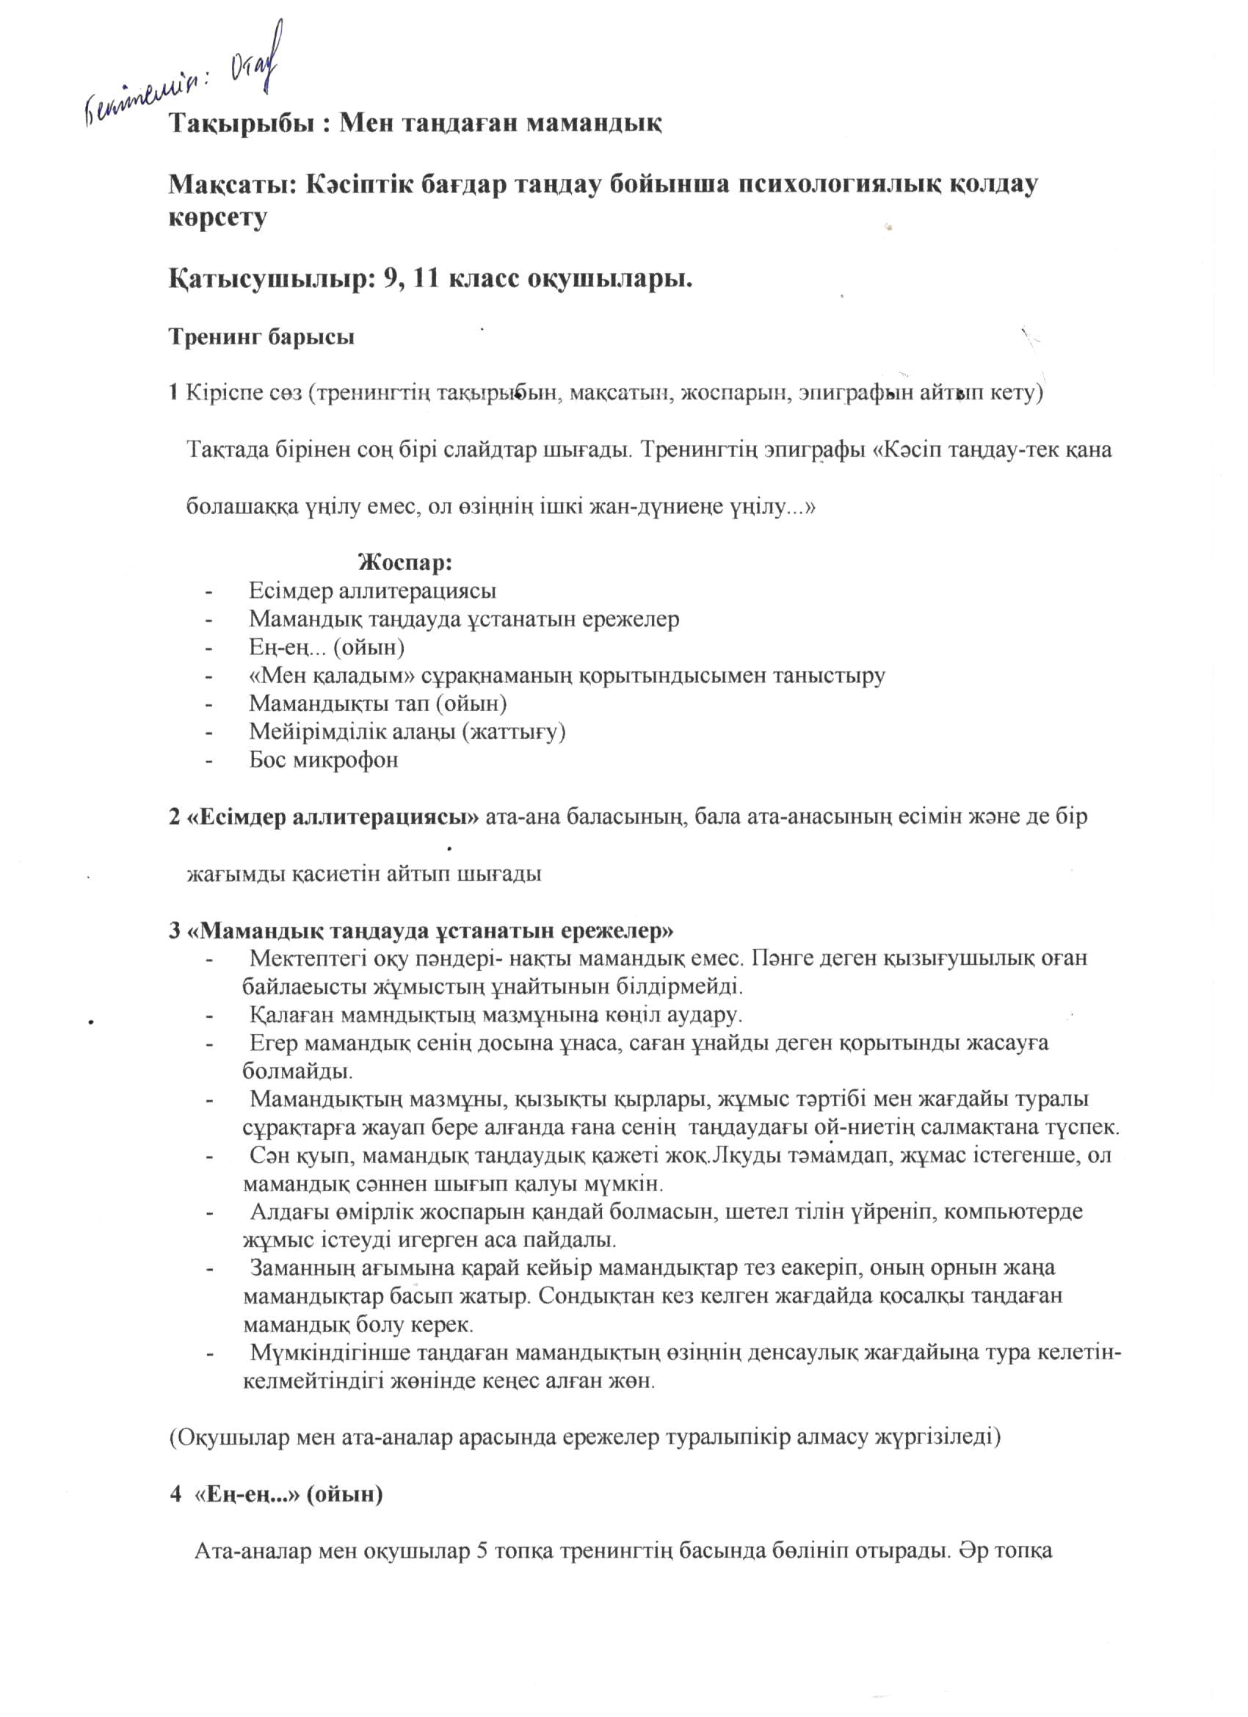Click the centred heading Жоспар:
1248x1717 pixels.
pyautogui.click(x=406, y=563)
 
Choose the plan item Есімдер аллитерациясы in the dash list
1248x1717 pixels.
pyautogui.click(x=372, y=590)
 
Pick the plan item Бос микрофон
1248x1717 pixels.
pyautogui.click(x=324, y=759)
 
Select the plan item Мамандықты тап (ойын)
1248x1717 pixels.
pyautogui.click(x=377, y=704)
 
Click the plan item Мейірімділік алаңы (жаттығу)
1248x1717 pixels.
pyautogui.click(x=408, y=731)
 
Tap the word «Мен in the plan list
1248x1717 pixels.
pyautogui.click(x=274, y=676)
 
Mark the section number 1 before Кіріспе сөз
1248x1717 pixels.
pyautogui.click(x=173, y=393)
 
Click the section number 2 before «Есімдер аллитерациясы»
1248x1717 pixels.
pyautogui.click(x=174, y=817)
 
